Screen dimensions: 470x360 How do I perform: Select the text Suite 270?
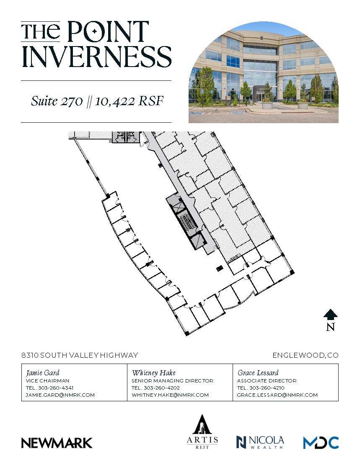(x=57, y=101)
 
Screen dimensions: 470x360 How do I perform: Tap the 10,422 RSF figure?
(x=128, y=101)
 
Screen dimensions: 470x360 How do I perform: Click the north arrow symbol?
(x=330, y=315)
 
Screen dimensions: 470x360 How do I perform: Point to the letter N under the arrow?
(x=330, y=327)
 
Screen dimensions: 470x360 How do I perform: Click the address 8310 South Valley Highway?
(x=80, y=355)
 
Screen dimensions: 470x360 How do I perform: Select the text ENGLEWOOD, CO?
(x=305, y=355)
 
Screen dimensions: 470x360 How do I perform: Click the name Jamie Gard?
(x=43, y=372)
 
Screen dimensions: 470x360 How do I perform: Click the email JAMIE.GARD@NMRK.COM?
(x=60, y=395)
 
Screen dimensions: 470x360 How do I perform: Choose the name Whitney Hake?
(x=153, y=372)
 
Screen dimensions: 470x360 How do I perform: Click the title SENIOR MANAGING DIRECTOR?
(x=172, y=381)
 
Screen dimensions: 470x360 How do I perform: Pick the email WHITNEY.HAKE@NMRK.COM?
(x=170, y=395)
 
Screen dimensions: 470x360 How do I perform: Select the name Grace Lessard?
(x=258, y=372)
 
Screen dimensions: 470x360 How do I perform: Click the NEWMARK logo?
(x=57, y=443)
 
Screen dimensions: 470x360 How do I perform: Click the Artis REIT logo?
(x=202, y=431)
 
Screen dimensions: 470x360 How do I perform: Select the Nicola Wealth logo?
(x=260, y=442)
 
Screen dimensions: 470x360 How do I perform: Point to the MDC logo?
(x=321, y=442)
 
